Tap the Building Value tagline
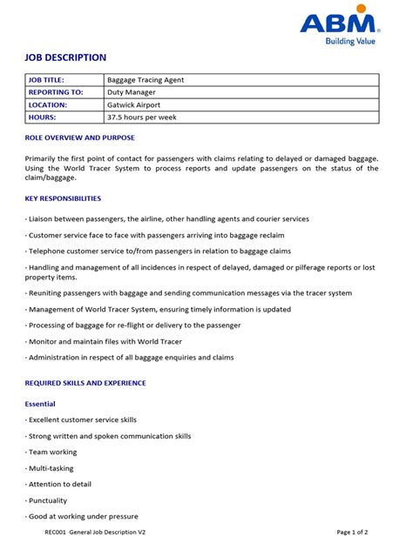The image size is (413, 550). click(x=352, y=41)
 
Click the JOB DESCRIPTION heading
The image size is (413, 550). click(x=65, y=57)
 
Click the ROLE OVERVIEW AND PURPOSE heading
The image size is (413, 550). click(x=80, y=137)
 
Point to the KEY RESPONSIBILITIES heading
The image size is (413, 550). click(x=70, y=198)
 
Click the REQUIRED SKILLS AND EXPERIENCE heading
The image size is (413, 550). click(x=85, y=383)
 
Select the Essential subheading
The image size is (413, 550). click(x=40, y=404)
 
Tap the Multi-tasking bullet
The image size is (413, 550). click(x=51, y=468)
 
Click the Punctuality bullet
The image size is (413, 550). click(x=49, y=500)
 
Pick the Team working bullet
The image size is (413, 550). click(x=51, y=453)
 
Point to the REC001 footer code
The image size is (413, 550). click(x=57, y=532)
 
